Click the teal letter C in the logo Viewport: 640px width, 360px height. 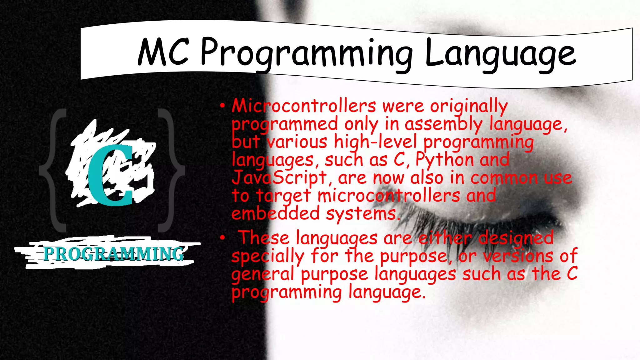coord(110,175)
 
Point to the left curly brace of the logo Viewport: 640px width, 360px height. coord(53,170)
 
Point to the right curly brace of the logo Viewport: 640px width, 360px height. coord(171,170)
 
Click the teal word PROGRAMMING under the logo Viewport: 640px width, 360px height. coord(113,254)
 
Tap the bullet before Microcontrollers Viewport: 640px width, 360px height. coord(222,106)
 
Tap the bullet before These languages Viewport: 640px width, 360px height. coord(222,238)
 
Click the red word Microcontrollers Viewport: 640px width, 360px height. coord(304,106)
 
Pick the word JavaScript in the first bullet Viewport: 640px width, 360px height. coord(279,178)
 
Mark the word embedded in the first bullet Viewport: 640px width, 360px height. coord(275,214)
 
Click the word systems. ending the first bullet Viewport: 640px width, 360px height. coord(363,214)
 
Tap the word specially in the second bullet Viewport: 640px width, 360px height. coord(267,257)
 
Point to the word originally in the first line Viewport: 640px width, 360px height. coord(469,107)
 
